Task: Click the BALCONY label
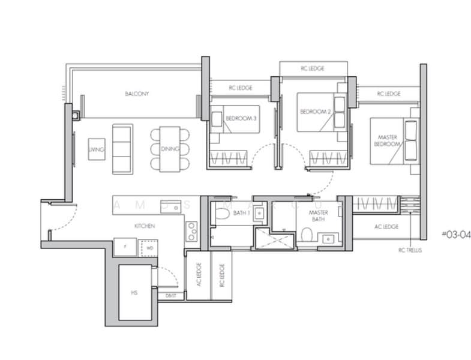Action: point(137,94)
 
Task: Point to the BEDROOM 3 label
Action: point(241,118)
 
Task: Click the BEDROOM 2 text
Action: point(315,112)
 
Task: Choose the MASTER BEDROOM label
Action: point(388,141)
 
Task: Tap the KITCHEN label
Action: point(145,226)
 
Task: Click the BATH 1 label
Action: point(240,213)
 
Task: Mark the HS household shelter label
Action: point(134,293)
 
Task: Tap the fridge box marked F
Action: point(125,247)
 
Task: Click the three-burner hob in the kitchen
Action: point(191,231)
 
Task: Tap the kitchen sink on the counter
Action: point(173,207)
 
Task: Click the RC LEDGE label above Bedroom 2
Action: point(312,68)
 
